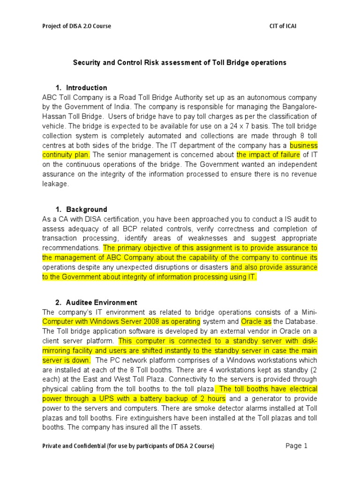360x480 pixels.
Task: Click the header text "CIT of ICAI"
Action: click(x=280, y=26)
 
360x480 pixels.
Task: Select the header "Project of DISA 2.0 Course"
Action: click(x=77, y=26)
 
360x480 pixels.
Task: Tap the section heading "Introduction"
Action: click(x=86, y=88)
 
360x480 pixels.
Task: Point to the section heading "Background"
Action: click(x=86, y=210)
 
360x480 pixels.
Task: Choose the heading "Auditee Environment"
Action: click(x=102, y=303)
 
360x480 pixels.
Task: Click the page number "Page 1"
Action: click(x=296, y=446)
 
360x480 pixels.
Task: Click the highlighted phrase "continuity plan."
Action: click(x=67, y=155)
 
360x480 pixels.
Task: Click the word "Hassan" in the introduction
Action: click(x=54, y=116)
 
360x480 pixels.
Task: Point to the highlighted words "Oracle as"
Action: click(x=256, y=322)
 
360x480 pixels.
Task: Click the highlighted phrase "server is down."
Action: click(x=66, y=360)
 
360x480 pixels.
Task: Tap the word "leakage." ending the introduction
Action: click(x=55, y=184)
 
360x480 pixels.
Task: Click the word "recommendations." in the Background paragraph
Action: click(x=71, y=248)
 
